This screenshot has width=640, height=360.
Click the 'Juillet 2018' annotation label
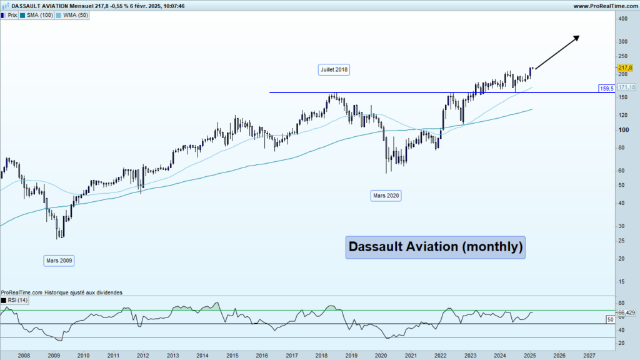click(x=334, y=70)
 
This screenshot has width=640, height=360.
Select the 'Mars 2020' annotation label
click(x=386, y=196)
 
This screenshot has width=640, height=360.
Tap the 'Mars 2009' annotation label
click(x=59, y=260)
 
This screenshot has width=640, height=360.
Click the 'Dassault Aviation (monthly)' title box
click(x=435, y=247)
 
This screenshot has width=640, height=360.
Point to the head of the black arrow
click(x=578, y=37)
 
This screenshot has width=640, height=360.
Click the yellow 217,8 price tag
click(x=625, y=67)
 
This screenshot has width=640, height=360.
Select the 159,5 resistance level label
click(x=606, y=89)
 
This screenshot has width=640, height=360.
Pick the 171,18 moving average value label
click(x=626, y=87)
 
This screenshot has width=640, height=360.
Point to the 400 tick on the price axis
click(x=622, y=19)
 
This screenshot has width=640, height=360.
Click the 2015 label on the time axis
click(x=231, y=354)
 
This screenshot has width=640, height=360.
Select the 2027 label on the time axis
click(x=589, y=354)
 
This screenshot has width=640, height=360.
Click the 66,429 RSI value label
click(x=626, y=312)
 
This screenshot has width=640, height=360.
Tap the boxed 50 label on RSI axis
click(x=610, y=319)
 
